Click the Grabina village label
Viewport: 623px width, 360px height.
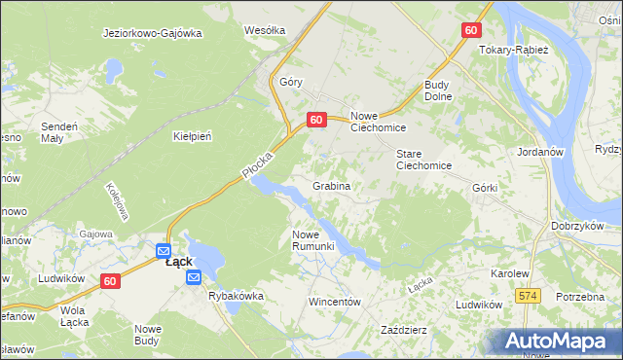tap(331, 185)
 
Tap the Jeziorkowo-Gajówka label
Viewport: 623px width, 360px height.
tap(152, 32)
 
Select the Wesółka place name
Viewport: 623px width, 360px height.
tap(265, 30)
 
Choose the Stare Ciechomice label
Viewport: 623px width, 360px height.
tap(423, 160)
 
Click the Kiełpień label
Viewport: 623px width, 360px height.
tap(192, 136)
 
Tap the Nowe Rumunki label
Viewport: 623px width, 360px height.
tap(313, 239)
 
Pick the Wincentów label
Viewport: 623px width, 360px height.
tap(335, 302)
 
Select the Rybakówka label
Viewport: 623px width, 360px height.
tap(236, 296)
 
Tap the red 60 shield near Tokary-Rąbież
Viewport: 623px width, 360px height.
tap(471, 30)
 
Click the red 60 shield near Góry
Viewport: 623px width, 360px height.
tap(315, 119)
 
